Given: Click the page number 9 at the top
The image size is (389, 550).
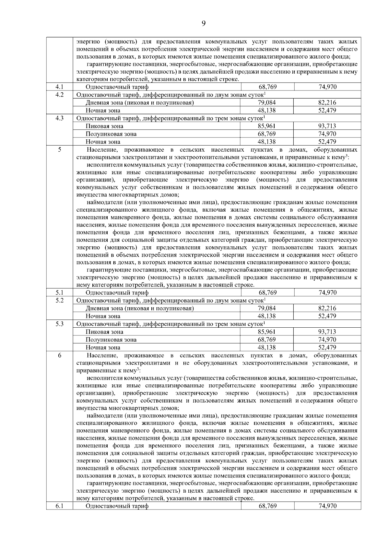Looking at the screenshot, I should (204, 23).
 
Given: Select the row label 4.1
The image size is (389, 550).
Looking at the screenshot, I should (59, 87).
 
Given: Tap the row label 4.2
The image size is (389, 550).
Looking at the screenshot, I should (59, 95).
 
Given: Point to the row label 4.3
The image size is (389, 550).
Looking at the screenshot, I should (59, 118).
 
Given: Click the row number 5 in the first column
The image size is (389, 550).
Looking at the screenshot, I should (59, 149).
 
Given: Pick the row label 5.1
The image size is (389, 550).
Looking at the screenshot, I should (59, 292).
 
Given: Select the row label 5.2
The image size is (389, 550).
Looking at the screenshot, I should (59, 300).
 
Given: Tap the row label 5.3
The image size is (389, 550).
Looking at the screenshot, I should (59, 324).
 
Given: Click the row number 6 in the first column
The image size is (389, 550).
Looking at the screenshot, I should (59, 355).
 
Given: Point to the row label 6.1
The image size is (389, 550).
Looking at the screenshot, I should (59, 506).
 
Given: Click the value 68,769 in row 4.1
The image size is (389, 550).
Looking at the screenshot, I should (267, 87).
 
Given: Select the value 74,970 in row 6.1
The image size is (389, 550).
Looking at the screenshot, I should (327, 506).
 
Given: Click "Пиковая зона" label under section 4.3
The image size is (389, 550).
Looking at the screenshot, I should (104, 126).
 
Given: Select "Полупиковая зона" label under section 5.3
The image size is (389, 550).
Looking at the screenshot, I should (111, 340).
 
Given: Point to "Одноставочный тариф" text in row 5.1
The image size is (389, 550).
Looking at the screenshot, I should (117, 293).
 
